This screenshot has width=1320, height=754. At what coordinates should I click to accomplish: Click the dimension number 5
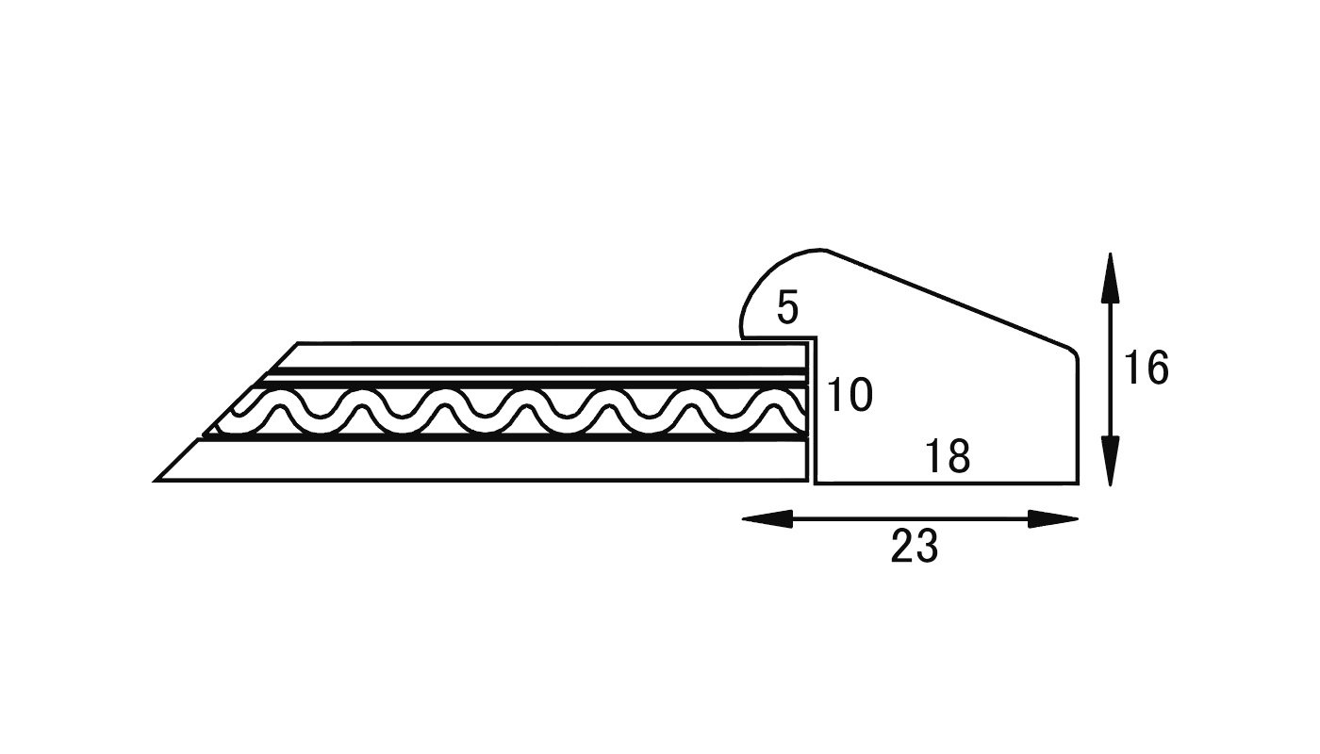(788, 307)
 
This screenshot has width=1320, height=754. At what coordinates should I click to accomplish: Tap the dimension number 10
(850, 395)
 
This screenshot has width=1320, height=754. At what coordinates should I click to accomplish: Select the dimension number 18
(948, 456)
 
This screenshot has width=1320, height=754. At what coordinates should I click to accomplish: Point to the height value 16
(1147, 369)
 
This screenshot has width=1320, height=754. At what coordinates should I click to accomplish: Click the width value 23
(915, 546)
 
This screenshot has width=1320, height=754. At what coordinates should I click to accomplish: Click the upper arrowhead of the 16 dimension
(1111, 278)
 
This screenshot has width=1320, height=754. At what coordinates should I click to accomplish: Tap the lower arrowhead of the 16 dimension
(1111, 461)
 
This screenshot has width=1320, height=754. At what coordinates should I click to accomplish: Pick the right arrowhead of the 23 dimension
(1053, 519)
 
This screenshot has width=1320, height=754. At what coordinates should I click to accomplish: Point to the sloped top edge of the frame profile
(948, 299)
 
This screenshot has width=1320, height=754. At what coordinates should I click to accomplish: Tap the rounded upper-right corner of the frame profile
(1075, 352)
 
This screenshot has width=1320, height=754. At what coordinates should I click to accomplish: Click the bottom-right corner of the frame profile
(1079, 484)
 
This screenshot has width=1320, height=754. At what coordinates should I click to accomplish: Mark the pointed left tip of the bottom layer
(155, 481)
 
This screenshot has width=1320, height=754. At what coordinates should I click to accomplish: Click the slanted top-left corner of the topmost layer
(298, 343)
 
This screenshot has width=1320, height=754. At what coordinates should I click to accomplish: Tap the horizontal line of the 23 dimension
(910, 519)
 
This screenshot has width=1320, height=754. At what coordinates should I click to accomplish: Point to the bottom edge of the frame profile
(947, 484)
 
